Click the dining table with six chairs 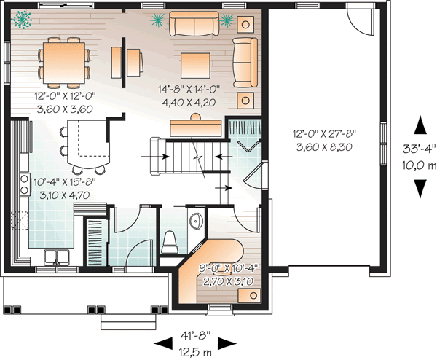coord(66,60)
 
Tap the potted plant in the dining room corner coord(25,17)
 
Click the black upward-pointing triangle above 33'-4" coord(420,125)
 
